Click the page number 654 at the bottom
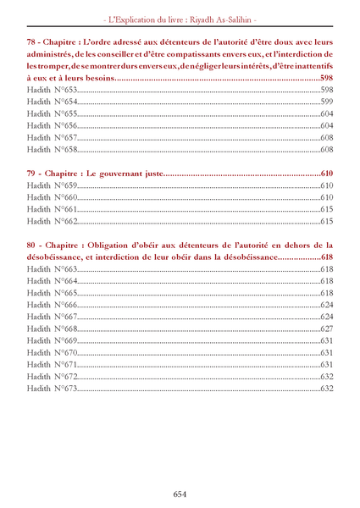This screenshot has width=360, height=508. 180,494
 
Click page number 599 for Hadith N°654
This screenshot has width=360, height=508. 327,102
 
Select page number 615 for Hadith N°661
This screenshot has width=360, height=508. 327,209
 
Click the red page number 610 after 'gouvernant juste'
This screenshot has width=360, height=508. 327,174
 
